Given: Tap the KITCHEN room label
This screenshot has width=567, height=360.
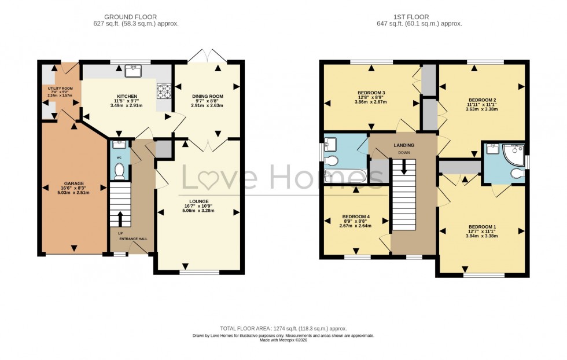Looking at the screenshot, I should point(127,96).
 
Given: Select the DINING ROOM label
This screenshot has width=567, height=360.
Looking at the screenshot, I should point(207,96).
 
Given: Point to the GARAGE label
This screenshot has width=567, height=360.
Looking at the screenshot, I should point(74,182).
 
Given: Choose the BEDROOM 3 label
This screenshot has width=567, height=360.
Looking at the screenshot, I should point(371,93).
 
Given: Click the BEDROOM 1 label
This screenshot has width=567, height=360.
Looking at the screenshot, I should point(482,226).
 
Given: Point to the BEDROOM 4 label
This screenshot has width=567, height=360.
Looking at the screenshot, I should point(356,217).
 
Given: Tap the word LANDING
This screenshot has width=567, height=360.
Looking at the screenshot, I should point(403,146).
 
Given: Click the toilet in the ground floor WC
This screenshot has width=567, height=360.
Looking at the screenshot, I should point(119,171).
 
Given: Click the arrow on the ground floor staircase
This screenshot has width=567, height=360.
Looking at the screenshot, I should point(120,219).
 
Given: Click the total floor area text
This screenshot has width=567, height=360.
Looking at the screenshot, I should point(283,328).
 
